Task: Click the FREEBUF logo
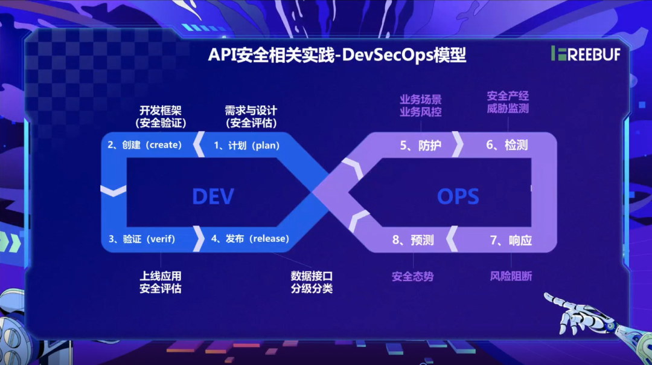click(585, 54)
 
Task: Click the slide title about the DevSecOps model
click(337, 54)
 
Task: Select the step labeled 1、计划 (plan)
click(247, 146)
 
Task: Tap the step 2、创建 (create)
click(145, 145)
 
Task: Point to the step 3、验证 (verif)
click(142, 239)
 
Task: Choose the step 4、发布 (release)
click(250, 239)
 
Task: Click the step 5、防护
click(421, 146)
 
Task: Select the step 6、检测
click(507, 146)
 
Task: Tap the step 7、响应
click(511, 240)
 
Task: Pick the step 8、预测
click(413, 240)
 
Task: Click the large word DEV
click(213, 196)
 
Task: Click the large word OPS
click(458, 196)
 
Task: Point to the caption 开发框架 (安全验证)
click(160, 117)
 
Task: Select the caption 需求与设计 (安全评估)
click(251, 117)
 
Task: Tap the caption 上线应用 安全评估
click(160, 282)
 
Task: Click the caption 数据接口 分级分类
click(312, 282)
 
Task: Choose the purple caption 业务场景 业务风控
click(421, 105)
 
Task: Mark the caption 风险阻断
click(511, 277)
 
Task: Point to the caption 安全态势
click(412, 277)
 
